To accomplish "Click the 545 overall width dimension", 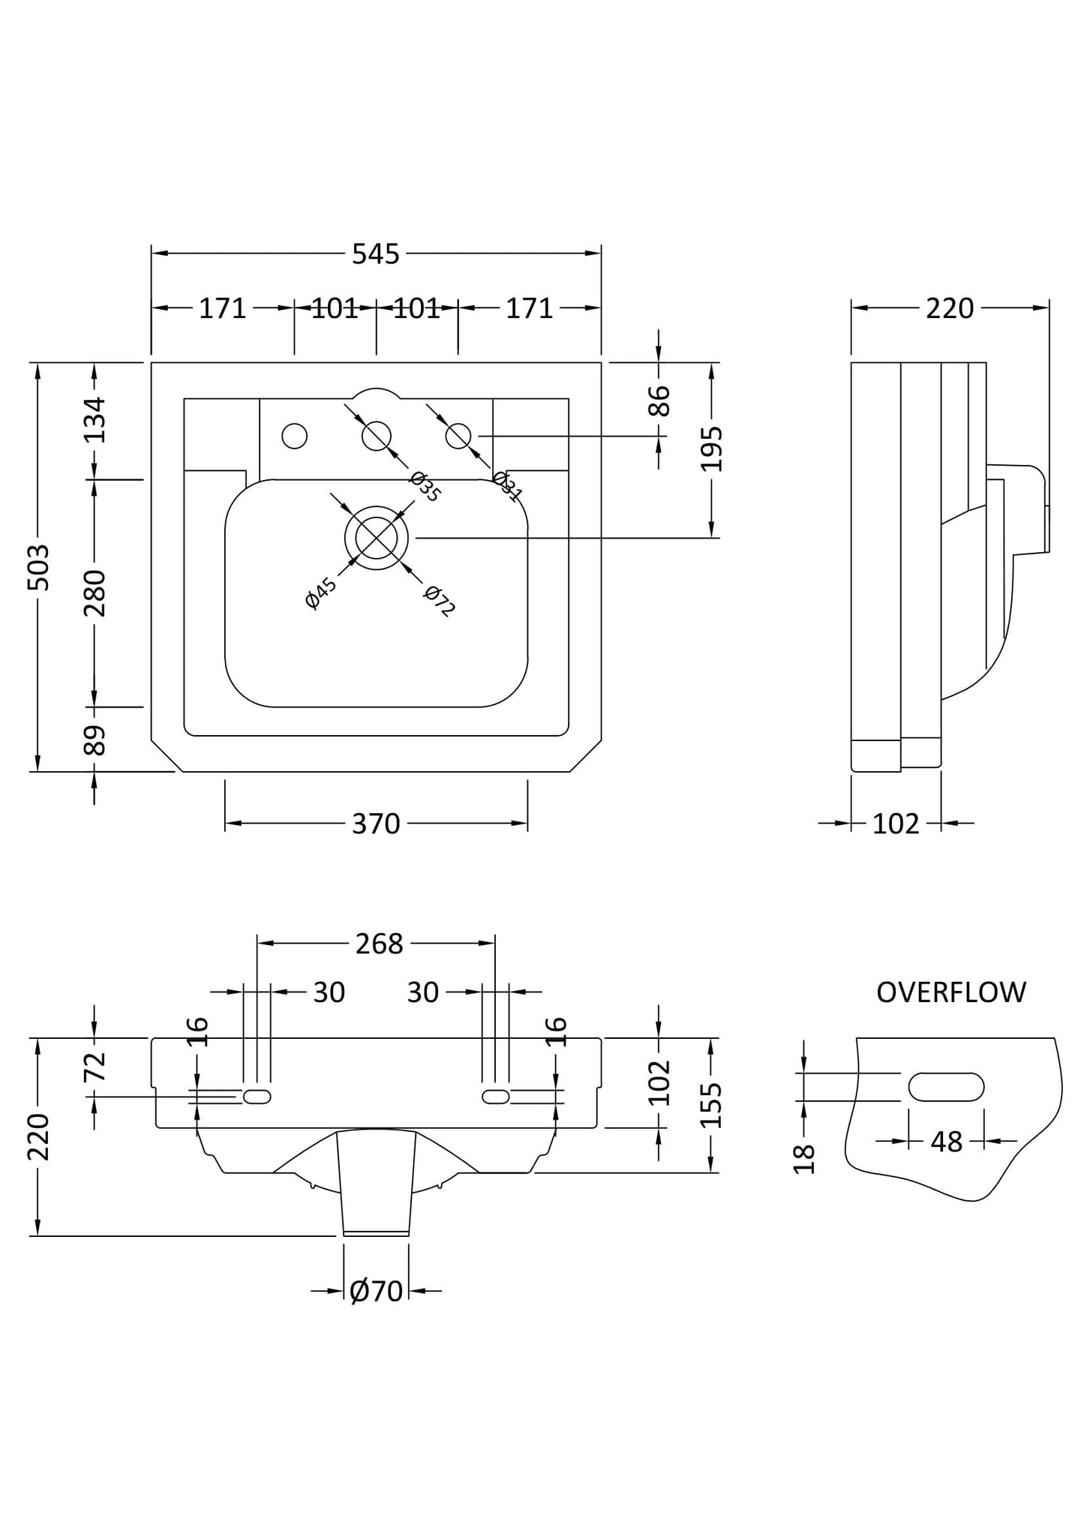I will pos(376,254).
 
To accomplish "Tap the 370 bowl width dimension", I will pos(376,824).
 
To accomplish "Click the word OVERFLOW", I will pos(950,992).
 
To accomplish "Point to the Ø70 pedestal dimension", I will pos(376,1291).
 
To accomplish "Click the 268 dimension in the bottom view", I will pos(379,943).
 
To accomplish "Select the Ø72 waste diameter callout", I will pos(439,602).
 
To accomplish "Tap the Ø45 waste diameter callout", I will pos(321,593).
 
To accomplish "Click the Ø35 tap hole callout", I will pos(425,487).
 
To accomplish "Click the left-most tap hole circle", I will pos(294,436).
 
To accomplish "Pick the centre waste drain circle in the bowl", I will pos(377,537).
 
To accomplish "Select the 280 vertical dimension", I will pos(95,593).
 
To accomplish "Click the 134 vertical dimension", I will pos(95,420).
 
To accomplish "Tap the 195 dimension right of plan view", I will pos(712,449).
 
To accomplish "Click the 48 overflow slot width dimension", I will pos(945,1142).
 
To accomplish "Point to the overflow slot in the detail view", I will pos(945,1087).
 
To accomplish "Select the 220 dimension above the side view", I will pos(949,308).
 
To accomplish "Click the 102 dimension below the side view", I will pos(896,824).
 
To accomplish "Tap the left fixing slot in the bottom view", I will pos(257,1097).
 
